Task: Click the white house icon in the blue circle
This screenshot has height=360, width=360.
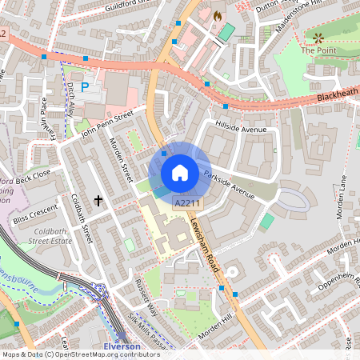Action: (180, 172)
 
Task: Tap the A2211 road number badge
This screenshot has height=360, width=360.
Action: (186, 204)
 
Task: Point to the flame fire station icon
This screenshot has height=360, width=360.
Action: (216, 15)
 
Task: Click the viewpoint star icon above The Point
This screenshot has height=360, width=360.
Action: (318, 37)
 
